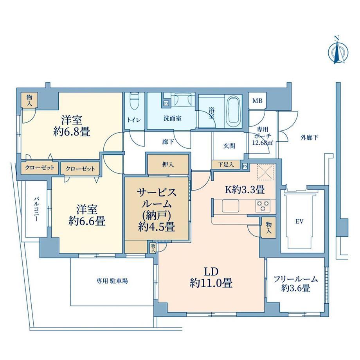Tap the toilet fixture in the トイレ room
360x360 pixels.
pos(134,101)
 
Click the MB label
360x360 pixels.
pos(257,101)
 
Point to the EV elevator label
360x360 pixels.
pos(300,221)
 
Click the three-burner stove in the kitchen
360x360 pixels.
pos(263,205)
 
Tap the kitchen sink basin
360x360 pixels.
pos(230,206)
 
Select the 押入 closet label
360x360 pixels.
pos(168,164)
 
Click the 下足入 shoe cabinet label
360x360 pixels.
pos(226,164)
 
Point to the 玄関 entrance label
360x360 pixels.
pos(229,146)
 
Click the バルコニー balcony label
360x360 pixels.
pos(36,209)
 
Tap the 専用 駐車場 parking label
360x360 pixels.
pos(112,281)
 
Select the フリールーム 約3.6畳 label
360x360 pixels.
pos(296,284)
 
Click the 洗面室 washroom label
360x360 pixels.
pos(172,119)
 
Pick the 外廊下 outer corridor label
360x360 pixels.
pos(309,138)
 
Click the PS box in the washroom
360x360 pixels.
pos(166,104)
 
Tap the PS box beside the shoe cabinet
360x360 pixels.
pos(245,166)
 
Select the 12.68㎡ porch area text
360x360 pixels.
pos(263,143)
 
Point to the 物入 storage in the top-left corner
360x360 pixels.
pos(29,100)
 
